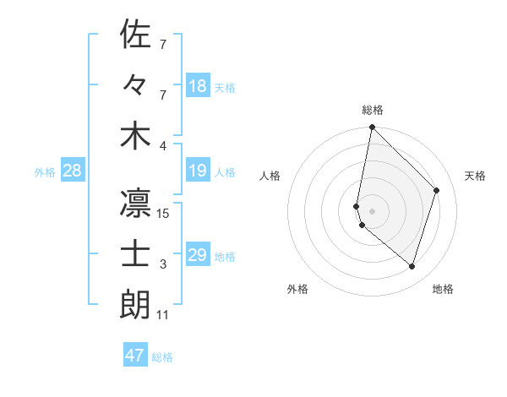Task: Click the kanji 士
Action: click(135, 254)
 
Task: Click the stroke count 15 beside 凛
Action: click(164, 214)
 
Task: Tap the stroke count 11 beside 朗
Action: click(163, 315)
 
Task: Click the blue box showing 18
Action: click(198, 86)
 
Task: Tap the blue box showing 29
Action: click(198, 255)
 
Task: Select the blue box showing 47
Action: click(135, 356)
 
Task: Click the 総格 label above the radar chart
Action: click(373, 110)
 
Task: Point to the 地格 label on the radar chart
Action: click(443, 289)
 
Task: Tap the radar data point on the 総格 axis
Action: click(372, 128)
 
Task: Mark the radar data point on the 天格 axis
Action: click(437, 190)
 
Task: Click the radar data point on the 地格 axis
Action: click(412, 267)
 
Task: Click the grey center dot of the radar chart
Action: click(372, 210)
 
